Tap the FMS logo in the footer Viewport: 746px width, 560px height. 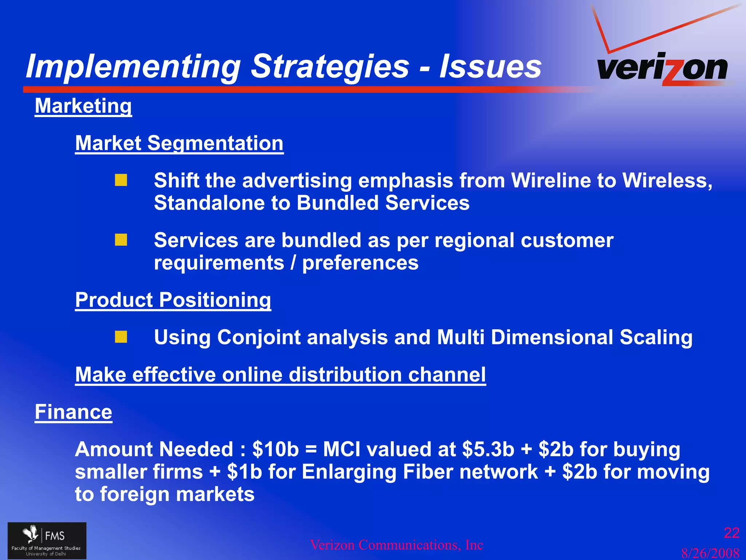[x=47, y=540]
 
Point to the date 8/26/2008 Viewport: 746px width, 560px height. [x=710, y=553]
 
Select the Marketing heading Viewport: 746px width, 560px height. [x=83, y=106]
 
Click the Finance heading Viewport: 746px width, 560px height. [x=73, y=412]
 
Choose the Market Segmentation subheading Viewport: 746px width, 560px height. [x=179, y=143]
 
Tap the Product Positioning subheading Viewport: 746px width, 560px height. [x=173, y=300]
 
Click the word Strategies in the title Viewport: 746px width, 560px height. [x=330, y=66]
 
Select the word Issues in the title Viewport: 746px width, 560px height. [x=490, y=66]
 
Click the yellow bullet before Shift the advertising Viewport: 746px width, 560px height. [x=121, y=180]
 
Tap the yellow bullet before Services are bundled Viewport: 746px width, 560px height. [x=121, y=240]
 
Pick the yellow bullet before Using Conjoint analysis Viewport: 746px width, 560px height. [x=121, y=337]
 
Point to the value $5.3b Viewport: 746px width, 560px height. [x=488, y=449]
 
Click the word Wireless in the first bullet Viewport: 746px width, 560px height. [x=665, y=180]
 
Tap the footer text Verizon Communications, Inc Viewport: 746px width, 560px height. [x=396, y=545]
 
